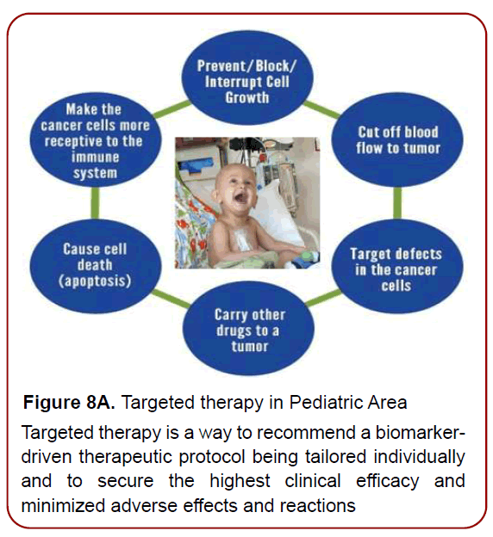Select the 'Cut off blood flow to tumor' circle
[397, 140]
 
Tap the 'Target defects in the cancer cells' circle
[396, 268]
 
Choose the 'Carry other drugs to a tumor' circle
[248, 330]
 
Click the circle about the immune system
[96, 141]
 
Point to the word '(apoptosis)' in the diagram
[96, 281]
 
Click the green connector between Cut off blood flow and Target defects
[397, 202]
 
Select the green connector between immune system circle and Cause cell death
[95, 202]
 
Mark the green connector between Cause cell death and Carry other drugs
[169, 301]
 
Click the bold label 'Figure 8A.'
[69, 403]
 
